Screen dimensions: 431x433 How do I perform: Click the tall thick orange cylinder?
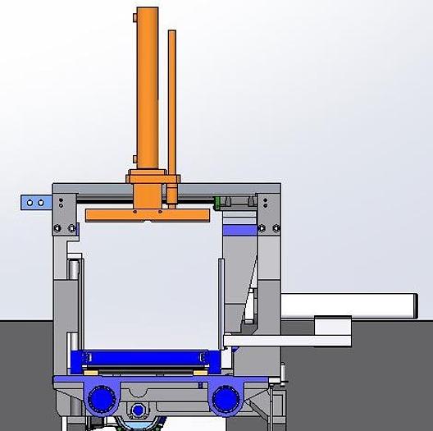[x=147, y=86]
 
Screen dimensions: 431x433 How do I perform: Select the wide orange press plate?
[x=147, y=214]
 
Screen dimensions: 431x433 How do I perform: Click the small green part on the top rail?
[x=217, y=202]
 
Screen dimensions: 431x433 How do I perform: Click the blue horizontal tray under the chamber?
[x=144, y=359]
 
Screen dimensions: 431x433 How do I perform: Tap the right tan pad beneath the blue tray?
[x=199, y=372]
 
